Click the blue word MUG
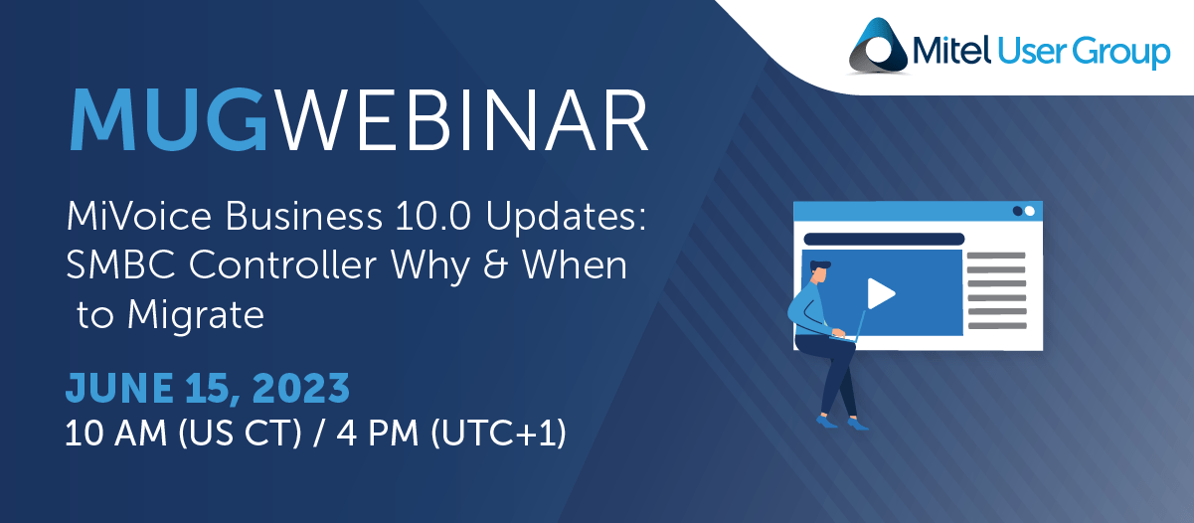[168, 119]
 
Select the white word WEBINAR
[463, 119]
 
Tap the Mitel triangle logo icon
[878, 46]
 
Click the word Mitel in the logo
[951, 51]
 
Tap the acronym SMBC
[120, 264]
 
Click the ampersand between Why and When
[495, 264]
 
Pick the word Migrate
[196, 315]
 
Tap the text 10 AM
[115, 433]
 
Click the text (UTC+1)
[498, 433]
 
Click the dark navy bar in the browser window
[884, 239]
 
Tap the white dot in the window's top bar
[1029, 211]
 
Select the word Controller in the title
[282, 264]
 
